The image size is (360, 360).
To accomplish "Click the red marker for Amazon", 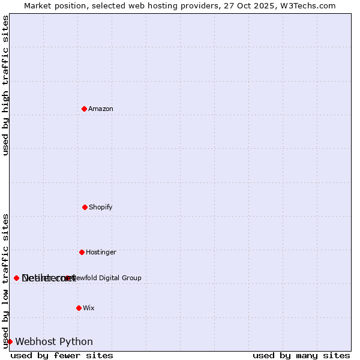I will point(84,109).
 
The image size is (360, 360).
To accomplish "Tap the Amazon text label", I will point(101,109).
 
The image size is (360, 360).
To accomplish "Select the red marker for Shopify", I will point(85,207).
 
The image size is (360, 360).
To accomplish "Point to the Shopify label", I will point(101,208).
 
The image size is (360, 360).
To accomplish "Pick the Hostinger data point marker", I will point(82,252).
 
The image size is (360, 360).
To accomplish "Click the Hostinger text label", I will point(101,253).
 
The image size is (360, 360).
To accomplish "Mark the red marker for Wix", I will point(79,308).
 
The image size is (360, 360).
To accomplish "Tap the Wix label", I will point(89,308).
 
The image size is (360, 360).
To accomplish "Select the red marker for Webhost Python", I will point(10,341).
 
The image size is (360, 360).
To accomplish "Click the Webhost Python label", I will point(54,342).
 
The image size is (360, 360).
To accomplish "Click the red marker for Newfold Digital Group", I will point(67,278).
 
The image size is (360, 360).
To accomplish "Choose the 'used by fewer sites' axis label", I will point(62,356).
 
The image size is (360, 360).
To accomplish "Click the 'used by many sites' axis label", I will point(301,356).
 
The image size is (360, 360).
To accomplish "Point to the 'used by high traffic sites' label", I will point(6,85).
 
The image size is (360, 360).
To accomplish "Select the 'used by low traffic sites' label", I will point(6,281).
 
